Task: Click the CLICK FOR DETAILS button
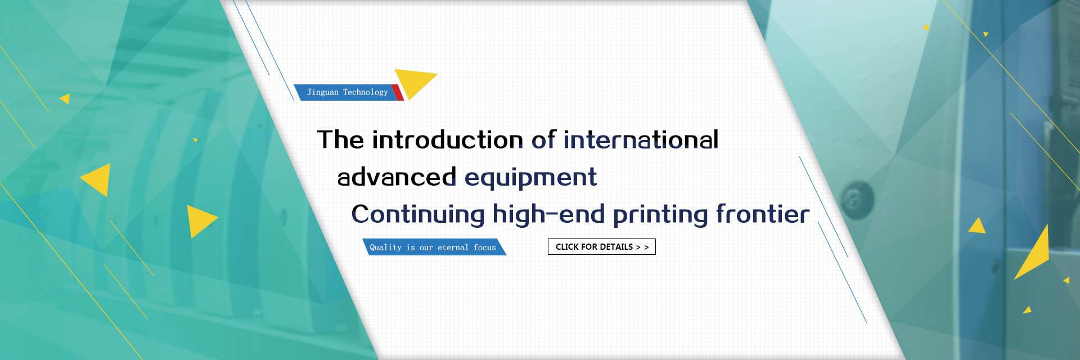[602, 247]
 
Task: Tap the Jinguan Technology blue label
[347, 92]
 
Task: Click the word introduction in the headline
[448, 139]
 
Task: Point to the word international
[641, 139]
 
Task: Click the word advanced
[397, 177]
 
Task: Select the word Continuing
[418, 215]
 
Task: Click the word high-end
[548, 214]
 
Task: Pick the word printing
[660, 215]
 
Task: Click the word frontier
[763, 214]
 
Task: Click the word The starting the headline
[340, 139]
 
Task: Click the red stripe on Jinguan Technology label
[398, 93]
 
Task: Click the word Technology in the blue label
[365, 92]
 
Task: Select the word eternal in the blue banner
[453, 247]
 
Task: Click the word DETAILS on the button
[616, 247]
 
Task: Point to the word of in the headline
[544, 139]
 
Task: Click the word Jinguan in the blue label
[323, 92]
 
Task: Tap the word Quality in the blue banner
[385, 247]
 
